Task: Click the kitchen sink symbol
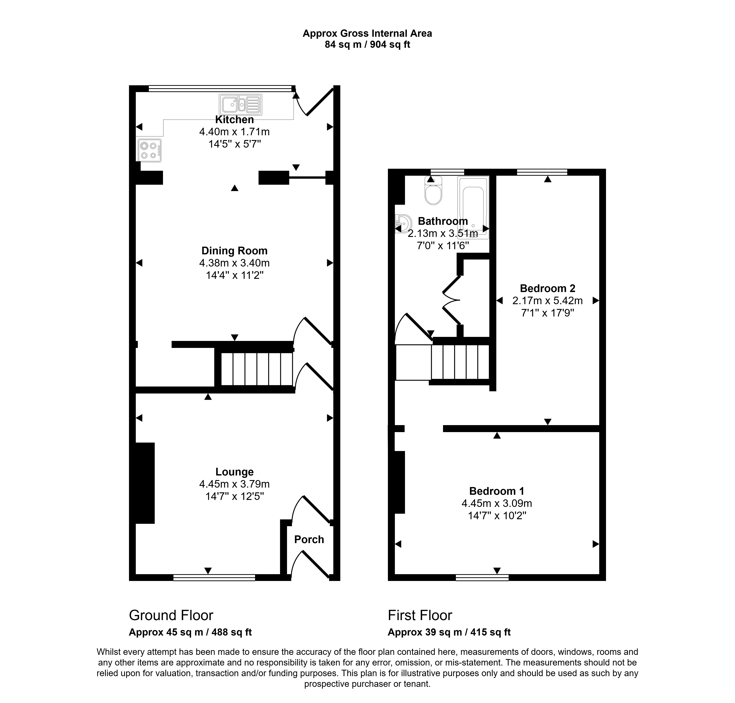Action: [x=240, y=105]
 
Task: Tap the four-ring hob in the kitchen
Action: [x=149, y=150]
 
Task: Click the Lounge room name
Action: [x=234, y=472]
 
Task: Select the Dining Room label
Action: [x=234, y=251]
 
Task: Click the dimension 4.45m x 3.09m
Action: [x=497, y=503]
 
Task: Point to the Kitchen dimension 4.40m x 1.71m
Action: [x=234, y=132]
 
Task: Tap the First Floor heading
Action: [x=420, y=615]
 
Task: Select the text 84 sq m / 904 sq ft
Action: [x=367, y=45]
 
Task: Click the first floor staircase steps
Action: [x=460, y=362]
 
